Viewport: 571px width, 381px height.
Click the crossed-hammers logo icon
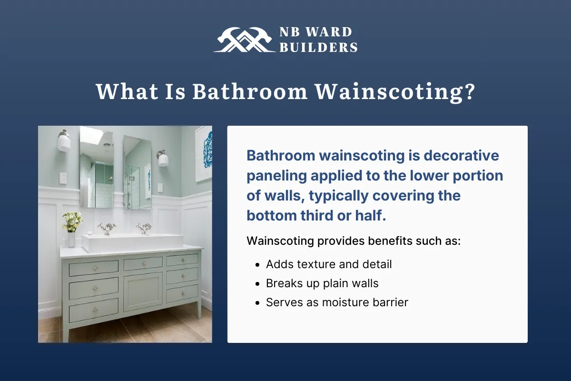tap(243, 40)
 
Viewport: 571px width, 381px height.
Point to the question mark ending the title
tap(469, 91)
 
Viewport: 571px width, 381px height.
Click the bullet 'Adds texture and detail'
tap(329, 264)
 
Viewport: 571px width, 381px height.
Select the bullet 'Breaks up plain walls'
tap(322, 283)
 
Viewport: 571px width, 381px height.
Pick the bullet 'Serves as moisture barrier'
tap(337, 302)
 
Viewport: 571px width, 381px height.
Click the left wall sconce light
tap(64, 141)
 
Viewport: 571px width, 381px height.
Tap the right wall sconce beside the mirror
tap(163, 158)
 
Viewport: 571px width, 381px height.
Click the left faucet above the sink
tap(107, 228)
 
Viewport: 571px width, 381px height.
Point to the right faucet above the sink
tap(143, 228)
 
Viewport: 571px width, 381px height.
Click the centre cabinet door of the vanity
tap(143, 291)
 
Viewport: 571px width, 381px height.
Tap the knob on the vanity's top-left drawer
tap(94, 268)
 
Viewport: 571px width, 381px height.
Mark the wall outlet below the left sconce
tap(63, 178)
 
